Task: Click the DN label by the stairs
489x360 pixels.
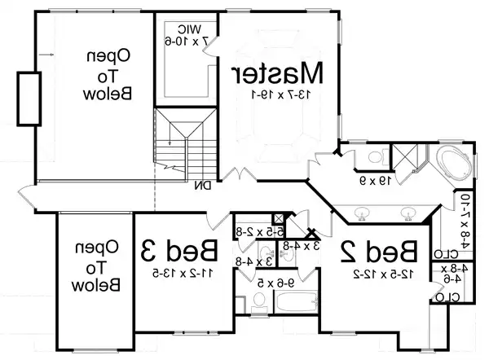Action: (203, 186)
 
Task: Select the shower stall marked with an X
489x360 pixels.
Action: (404, 156)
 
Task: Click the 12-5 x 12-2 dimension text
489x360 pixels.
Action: (381, 274)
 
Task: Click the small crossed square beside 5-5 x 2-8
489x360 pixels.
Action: (279, 218)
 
